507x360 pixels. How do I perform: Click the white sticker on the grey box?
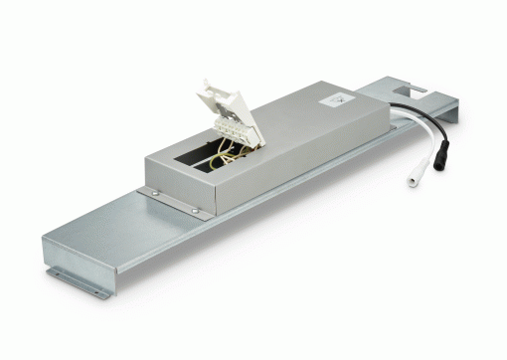click(x=339, y=98)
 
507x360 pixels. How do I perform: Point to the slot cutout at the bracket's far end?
click(x=422, y=93)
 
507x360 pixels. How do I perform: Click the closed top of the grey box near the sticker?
click(x=298, y=109)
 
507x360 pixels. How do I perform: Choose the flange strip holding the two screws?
click(x=173, y=202)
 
